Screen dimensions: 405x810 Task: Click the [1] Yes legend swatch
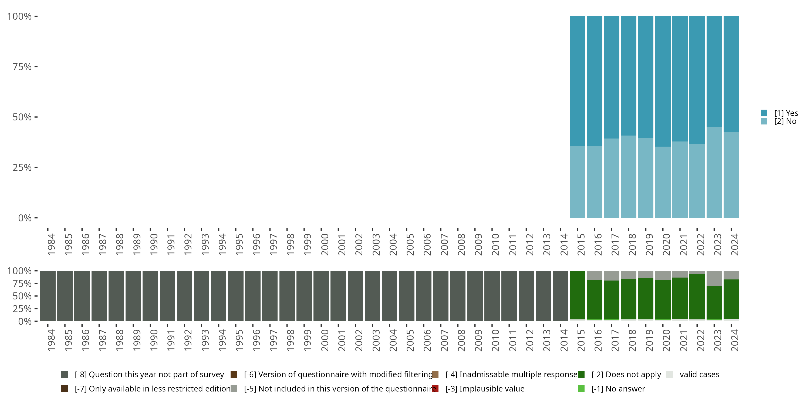[764, 113]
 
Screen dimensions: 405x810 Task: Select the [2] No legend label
[785, 122]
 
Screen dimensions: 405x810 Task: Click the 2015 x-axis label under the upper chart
[581, 244]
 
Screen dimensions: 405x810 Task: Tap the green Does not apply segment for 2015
[577, 295]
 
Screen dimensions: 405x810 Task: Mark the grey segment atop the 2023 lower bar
[714, 278]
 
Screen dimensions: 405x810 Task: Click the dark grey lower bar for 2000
[321, 296]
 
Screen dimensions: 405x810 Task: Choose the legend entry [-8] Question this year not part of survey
[149, 374]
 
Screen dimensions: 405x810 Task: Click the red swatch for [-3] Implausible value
[436, 389]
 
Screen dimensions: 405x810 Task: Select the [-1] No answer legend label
[618, 389]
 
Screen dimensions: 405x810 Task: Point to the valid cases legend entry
[699, 374]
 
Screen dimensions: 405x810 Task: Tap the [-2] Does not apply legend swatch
[581, 374]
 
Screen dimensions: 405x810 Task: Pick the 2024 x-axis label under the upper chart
[734, 244]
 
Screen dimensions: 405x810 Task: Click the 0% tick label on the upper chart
[25, 218]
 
